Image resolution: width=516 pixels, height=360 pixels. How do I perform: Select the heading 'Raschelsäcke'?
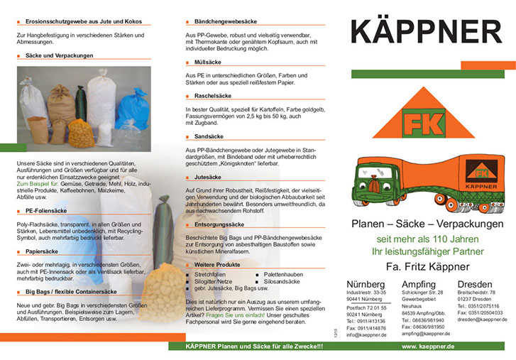coord(212,95)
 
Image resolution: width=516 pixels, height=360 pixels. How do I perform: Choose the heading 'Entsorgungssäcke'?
coord(220,223)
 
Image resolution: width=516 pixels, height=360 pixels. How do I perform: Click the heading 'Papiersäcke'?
coord(42,251)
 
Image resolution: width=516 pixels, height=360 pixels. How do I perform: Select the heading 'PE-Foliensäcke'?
coord(46,211)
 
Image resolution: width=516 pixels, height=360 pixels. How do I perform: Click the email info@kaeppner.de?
coord(367,334)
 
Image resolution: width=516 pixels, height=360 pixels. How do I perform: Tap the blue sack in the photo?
coord(132,108)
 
